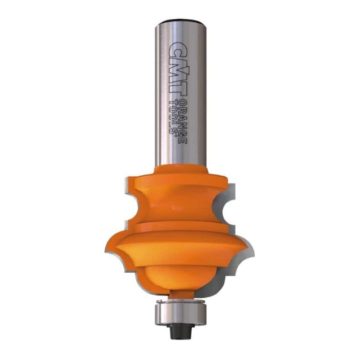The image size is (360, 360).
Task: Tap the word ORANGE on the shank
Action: coord(182,122)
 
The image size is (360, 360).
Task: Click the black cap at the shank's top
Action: coord(180,22)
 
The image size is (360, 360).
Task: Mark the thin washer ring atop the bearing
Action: coord(180,301)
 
